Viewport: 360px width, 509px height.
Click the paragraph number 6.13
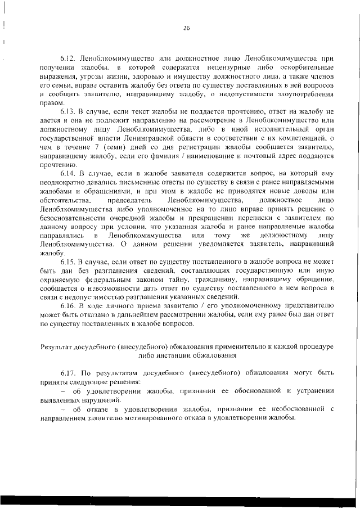click(x=69, y=112)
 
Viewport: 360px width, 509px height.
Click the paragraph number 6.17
click(x=69, y=373)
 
